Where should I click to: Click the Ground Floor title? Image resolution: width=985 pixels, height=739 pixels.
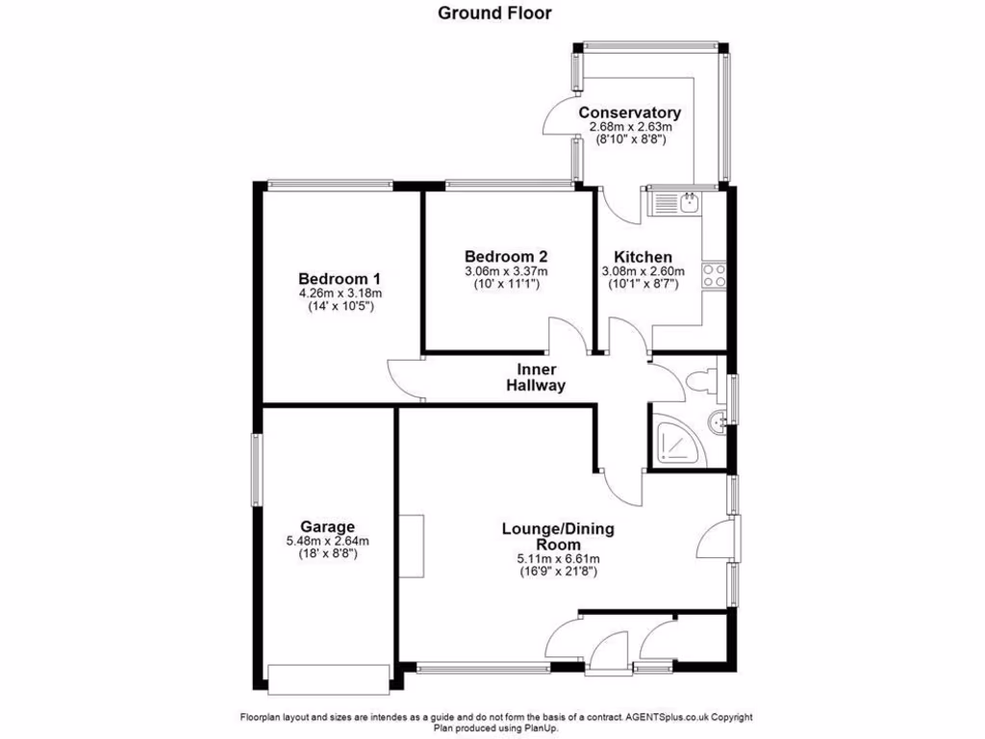tap(494, 13)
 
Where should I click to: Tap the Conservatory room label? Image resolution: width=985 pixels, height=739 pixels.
tap(629, 113)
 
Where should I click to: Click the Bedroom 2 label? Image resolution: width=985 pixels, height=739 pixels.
tap(506, 256)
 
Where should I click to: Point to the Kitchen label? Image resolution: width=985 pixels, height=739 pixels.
tap(643, 257)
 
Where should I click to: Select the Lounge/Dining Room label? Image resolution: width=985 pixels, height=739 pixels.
tap(558, 537)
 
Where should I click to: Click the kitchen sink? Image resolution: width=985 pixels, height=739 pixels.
tap(677, 203)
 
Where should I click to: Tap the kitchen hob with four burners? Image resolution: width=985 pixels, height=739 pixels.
tap(714, 276)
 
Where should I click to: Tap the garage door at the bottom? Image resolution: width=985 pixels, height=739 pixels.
tap(330, 679)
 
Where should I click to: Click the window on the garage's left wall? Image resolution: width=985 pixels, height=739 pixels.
tap(257, 469)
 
